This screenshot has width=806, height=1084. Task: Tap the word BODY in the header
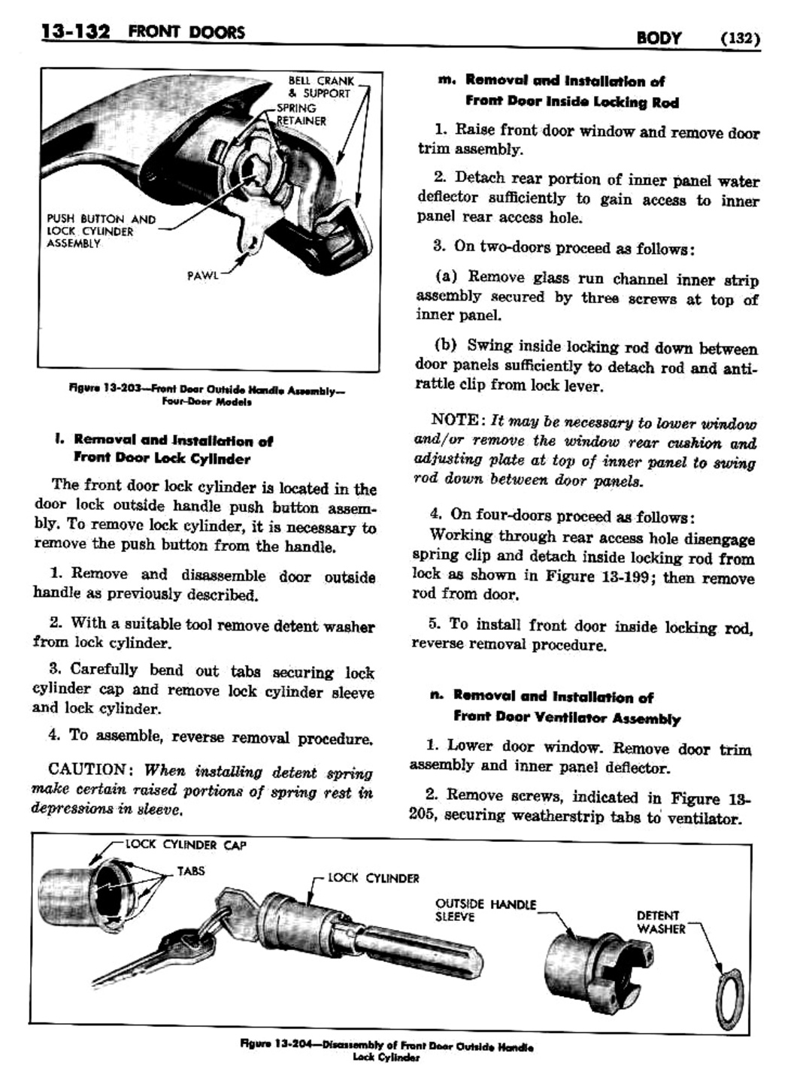659,38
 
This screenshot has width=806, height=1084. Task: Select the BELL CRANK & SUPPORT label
320,87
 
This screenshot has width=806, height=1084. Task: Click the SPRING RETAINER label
300,114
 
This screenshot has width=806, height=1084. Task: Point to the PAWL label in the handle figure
202,275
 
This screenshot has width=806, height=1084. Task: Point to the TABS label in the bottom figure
190,871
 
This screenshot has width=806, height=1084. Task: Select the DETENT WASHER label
661,922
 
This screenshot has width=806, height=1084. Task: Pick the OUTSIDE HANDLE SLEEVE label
485,910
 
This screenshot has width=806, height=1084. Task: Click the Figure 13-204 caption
386,1051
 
